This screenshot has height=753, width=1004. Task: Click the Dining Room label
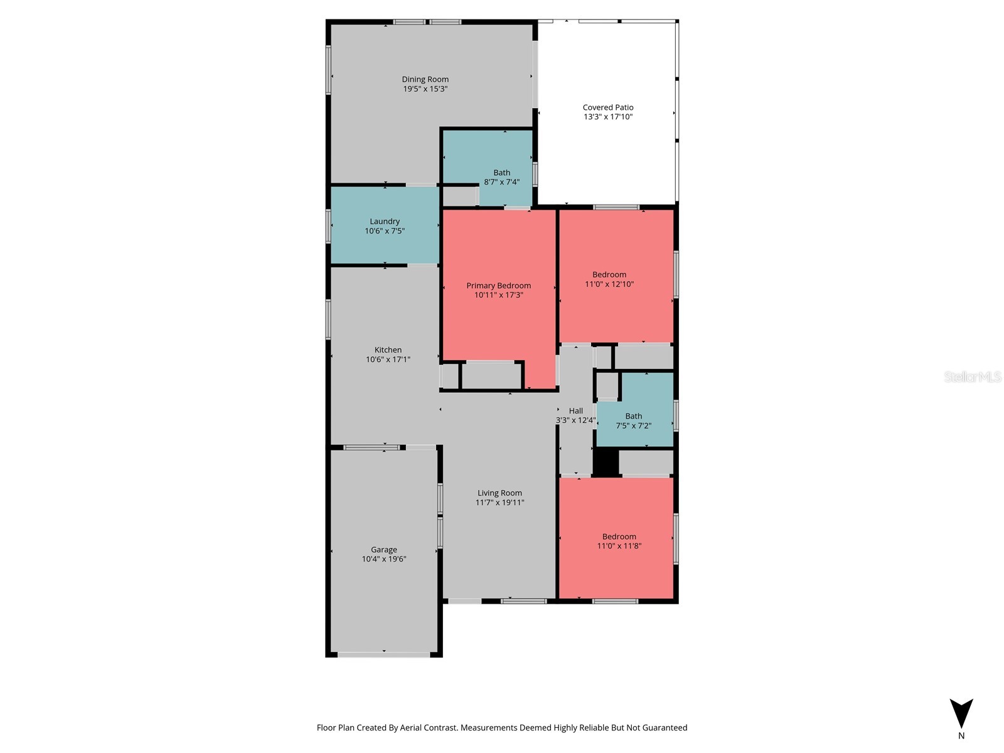(425, 79)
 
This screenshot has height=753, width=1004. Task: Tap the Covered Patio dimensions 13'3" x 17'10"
(607, 117)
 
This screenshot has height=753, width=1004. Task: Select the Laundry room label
(385, 222)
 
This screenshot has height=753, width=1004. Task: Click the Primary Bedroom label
(498, 286)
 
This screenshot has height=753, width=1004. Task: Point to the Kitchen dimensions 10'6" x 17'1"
(388, 360)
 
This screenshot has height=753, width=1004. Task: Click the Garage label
(383, 550)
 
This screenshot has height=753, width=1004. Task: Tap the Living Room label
(499, 493)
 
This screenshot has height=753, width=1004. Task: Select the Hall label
(575, 411)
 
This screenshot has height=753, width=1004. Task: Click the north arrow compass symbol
(961, 714)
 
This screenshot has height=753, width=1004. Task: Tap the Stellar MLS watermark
(972, 376)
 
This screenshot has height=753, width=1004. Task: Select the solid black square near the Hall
(606, 462)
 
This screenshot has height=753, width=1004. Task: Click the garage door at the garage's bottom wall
(383, 654)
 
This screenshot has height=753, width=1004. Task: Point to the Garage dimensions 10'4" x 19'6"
(383, 559)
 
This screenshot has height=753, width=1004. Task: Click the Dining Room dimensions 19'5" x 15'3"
(425, 89)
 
